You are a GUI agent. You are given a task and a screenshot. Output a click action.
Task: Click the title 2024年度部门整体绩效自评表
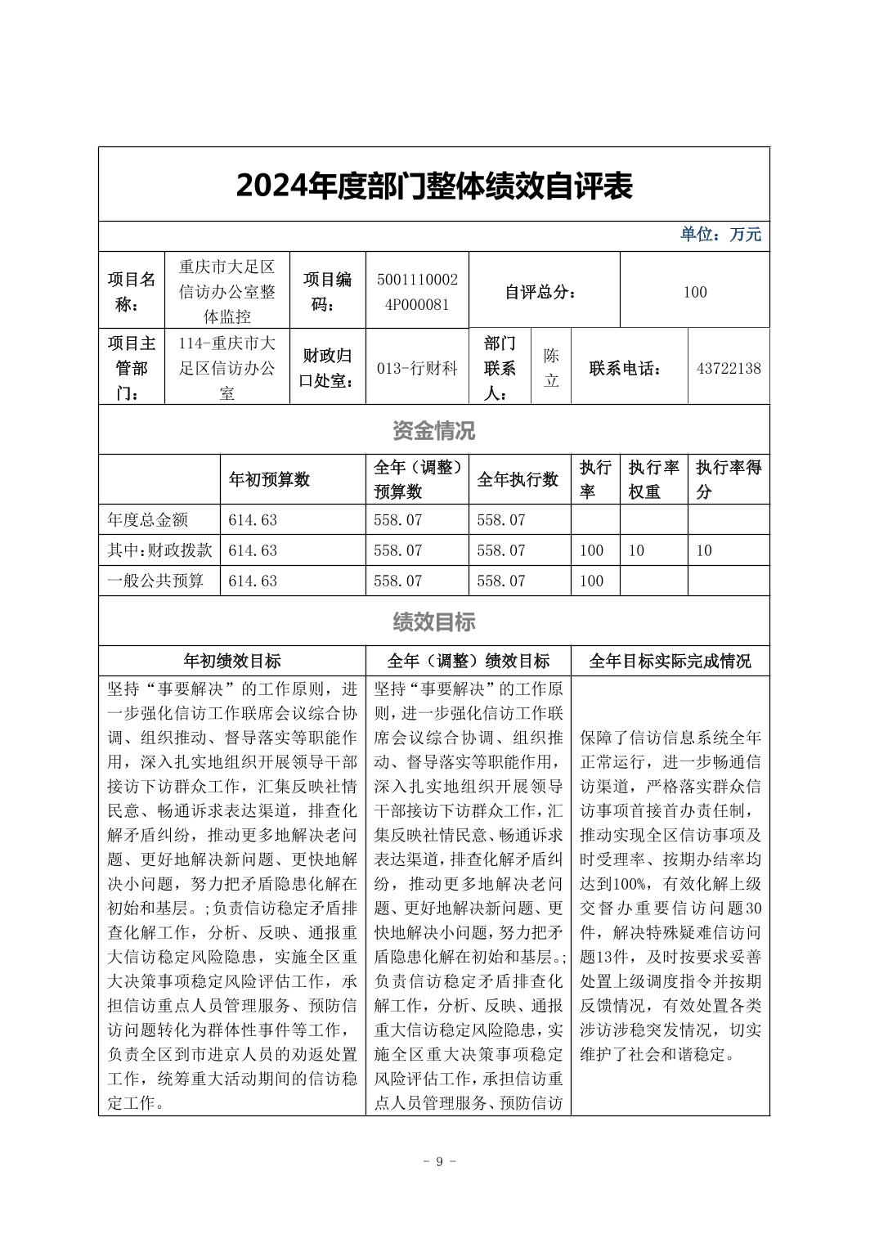click(433, 186)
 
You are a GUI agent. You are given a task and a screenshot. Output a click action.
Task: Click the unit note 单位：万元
click(720, 235)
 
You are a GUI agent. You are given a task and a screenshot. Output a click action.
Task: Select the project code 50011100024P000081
click(417, 292)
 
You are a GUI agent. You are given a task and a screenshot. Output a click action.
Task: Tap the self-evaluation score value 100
click(694, 292)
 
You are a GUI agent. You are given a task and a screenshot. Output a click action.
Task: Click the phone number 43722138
click(728, 368)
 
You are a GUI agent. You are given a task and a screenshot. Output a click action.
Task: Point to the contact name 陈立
click(551, 368)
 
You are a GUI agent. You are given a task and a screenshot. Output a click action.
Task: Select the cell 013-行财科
click(417, 368)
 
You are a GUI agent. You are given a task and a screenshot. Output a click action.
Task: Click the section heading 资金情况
click(433, 430)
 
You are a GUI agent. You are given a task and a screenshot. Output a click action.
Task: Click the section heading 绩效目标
click(433, 622)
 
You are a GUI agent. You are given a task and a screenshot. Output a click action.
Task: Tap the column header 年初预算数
click(269, 480)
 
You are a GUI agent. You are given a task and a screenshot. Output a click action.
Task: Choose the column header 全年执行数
click(518, 480)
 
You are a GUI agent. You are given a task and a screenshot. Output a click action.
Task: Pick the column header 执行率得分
click(728, 480)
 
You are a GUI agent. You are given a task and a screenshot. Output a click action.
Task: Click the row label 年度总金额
click(148, 520)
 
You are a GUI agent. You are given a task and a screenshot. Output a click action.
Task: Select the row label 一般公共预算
click(155, 581)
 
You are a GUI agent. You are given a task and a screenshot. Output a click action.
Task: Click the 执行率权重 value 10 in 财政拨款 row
click(636, 551)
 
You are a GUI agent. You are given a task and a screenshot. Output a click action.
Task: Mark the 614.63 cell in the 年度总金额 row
click(253, 520)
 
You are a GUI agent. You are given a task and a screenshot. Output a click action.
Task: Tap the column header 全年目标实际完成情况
click(670, 661)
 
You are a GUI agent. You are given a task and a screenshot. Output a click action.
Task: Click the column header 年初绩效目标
click(232, 661)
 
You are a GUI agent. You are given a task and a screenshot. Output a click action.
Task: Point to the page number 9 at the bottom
click(439, 1162)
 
